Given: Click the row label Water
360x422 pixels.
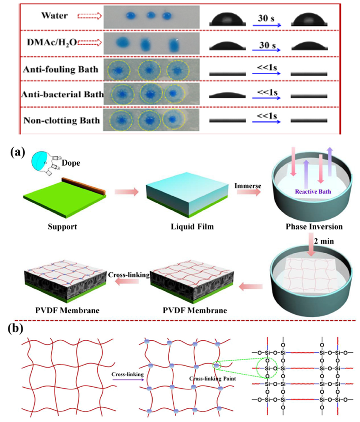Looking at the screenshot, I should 54,16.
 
